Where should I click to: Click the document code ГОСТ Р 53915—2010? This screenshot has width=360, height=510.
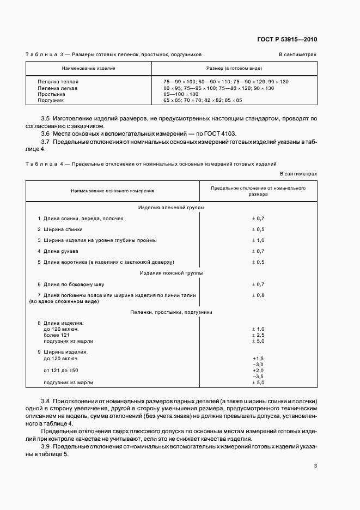pyautogui.click(x=288, y=40)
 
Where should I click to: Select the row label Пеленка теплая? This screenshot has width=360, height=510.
pyautogui.click(x=58, y=81)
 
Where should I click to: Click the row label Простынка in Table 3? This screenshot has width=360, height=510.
pyautogui.click(x=52, y=94)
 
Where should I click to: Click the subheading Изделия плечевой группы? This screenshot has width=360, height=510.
pyautogui.click(x=171, y=207)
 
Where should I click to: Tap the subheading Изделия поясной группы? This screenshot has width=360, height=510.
pyautogui.click(x=171, y=272)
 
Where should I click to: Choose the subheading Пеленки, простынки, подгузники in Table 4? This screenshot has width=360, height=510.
pyautogui.click(x=171, y=312)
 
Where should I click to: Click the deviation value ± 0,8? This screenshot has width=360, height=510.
pyautogui.click(x=258, y=295)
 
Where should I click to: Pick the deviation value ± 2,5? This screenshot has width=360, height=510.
pyautogui.click(x=258, y=335)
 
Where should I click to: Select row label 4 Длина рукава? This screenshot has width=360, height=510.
pyautogui.click(x=58, y=251)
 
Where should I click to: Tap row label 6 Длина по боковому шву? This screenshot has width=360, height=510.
pyautogui.click(x=70, y=284)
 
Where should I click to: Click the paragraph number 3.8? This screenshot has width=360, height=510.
pyautogui.click(x=46, y=401)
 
